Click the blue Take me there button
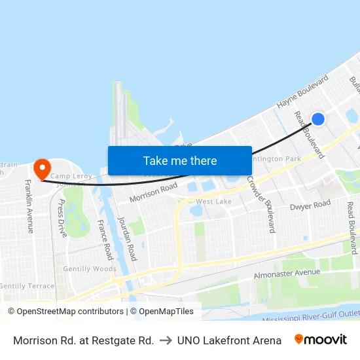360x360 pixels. click(180, 160)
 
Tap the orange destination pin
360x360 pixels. click(43, 169)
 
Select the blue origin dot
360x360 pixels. click(317, 119)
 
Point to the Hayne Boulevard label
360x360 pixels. click(302, 92)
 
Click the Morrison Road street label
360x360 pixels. click(153, 192)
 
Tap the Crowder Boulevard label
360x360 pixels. click(261, 204)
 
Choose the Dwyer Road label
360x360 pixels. click(310, 206)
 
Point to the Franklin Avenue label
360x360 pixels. click(29, 206)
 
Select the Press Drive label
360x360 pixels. click(62, 219)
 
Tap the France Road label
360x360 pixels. click(105, 239)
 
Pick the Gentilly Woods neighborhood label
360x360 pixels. click(90, 269)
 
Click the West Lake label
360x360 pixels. click(213, 202)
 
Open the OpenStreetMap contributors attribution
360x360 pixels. click(65, 312)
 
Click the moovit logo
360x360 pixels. click(321, 340)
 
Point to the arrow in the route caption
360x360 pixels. click(166, 340)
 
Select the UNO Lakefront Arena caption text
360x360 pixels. click(229, 340)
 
